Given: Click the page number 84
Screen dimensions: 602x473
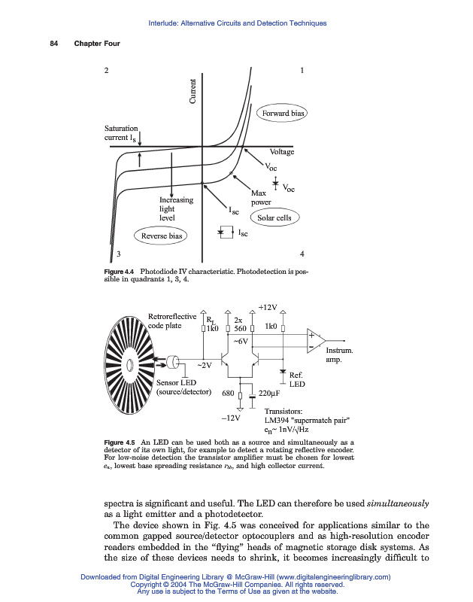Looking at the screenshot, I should [54, 43].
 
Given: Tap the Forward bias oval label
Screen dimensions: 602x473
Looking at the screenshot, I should [283, 114].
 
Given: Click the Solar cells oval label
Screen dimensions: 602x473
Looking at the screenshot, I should [274, 218].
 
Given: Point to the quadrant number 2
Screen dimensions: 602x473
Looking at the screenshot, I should [106, 71].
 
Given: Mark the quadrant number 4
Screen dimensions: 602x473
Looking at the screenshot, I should [302, 253].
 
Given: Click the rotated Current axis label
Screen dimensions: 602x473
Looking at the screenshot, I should [193, 92].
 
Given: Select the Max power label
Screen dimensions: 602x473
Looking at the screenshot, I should [260, 198].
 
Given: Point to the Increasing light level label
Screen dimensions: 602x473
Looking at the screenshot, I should [175, 208].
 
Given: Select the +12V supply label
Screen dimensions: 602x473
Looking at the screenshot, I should [268, 308].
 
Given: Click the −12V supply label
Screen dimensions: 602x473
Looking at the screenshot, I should [230, 417].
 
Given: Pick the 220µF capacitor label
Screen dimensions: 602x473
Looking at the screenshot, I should [269, 393].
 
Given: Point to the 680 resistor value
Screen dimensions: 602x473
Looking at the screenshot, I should [228, 393].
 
